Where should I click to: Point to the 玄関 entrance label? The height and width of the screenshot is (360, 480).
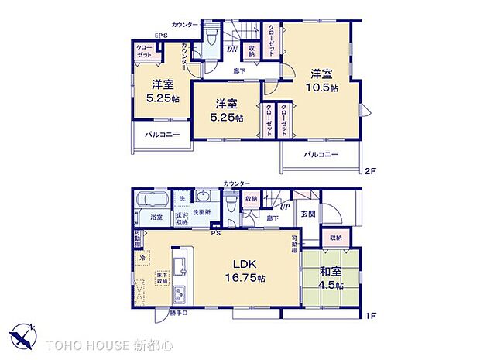coord(307,214)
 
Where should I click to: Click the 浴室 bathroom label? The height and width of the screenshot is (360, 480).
coord(156,217)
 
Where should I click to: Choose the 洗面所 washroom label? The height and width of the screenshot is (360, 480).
coord(201,213)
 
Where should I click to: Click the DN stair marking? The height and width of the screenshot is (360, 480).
coord(231,51)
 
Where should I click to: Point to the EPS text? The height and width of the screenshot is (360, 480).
coord(161,36)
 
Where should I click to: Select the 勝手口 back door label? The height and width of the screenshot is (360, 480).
coord(180,314)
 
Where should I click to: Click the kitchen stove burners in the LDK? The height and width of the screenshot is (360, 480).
coord(179,294)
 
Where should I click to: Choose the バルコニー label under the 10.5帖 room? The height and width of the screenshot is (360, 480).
coord(321,155)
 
